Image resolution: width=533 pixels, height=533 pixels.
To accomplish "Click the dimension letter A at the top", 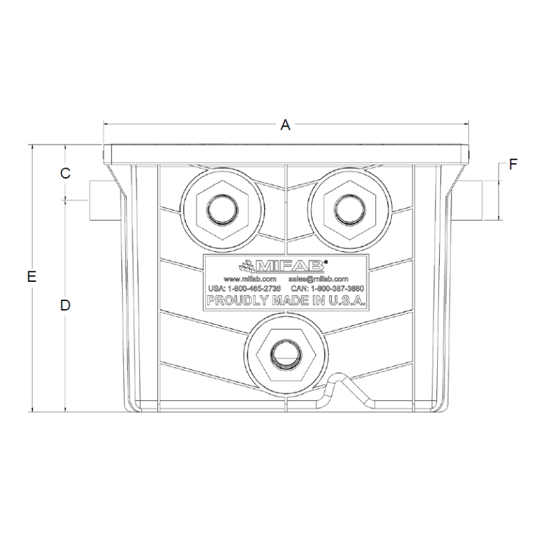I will tap(285, 125).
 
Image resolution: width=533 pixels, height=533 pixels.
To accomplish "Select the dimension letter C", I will tap(65, 173).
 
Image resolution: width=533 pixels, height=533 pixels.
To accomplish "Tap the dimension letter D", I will tap(65, 305).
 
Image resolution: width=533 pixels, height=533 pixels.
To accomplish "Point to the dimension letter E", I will tap(31, 277).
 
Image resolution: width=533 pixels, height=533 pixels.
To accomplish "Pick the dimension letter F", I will tap(512, 165).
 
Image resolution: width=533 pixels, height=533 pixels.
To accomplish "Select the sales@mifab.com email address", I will tap(318, 278).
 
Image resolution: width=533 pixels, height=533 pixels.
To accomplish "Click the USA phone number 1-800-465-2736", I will tap(243, 288).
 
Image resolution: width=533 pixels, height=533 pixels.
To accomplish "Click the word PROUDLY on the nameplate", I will tap(231, 301).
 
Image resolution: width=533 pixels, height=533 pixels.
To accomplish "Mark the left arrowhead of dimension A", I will tap(106, 125).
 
